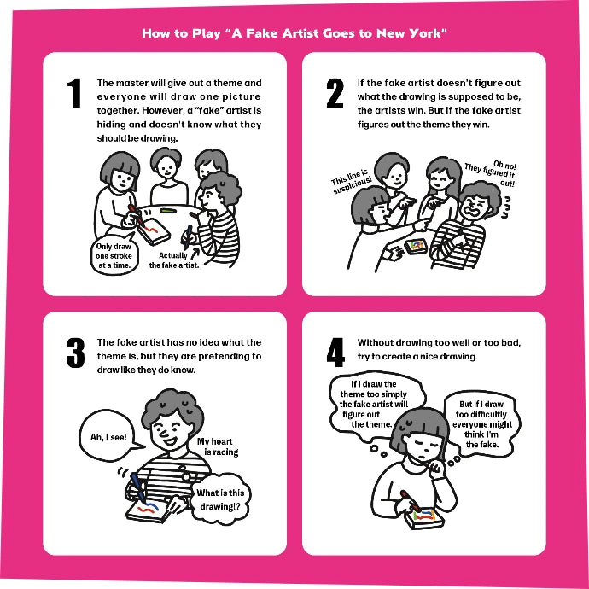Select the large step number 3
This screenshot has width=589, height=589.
tap(75, 353)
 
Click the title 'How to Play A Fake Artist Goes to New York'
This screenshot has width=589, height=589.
tap(294, 34)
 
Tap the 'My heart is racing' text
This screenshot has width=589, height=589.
tap(218, 446)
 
